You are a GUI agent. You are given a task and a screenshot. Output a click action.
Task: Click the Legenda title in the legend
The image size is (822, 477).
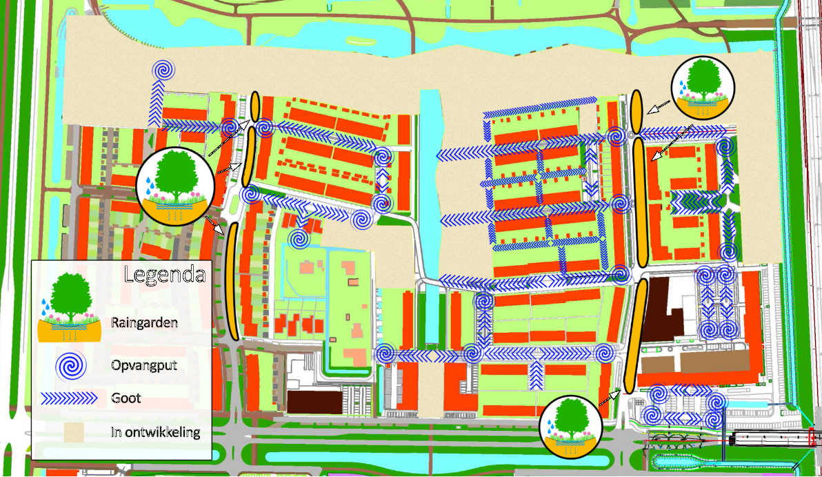pyautogui.click(x=164, y=274)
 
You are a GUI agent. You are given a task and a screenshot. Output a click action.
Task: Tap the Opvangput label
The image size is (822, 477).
pyautogui.click(x=143, y=366)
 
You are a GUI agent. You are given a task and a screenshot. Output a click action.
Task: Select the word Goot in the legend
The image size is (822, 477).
pyautogui.click(x=126, y=398)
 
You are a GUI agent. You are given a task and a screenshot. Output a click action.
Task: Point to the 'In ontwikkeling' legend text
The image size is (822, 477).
pyautogui.click(x=155, y=434)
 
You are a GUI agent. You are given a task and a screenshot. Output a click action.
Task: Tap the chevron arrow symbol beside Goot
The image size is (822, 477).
pyautogui.click(x=70, y=398)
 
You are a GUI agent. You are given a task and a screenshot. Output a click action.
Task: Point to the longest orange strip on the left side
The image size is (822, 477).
pyautogui.click(x=232, y=281)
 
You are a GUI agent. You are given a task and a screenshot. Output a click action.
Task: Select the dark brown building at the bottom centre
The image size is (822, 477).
pyautogui.click(x=314, y=401)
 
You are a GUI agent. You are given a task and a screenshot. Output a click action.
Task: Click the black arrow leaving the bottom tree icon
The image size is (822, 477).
pyautogui.click(x=609, y=397)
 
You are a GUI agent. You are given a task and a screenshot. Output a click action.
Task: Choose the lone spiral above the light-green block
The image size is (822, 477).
pyautogui.click(x=299, y=240)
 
